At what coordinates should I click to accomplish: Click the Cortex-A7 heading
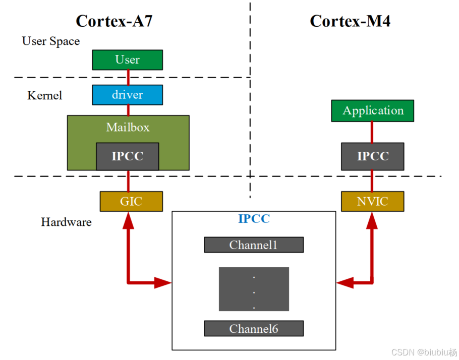tap(114, 21)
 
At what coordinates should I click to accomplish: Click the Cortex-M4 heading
tap(350, 21)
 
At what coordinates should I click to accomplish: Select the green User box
tap(127, 59)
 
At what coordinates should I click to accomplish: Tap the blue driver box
tap(127, 95)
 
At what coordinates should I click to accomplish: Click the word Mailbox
tap(128, 127)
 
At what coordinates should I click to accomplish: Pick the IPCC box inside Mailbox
tap(127, 156)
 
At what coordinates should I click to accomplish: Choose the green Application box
tap(373, 111)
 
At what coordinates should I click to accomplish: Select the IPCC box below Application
tap(373, 156)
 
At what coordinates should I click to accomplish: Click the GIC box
tap(131, 202)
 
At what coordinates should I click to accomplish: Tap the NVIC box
tap(373, 202)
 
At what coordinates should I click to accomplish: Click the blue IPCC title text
tap(254, 219)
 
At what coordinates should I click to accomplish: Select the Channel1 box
tap(254, 245)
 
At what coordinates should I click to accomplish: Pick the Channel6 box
tap(254, 329)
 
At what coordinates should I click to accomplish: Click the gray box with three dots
tap(254, 289)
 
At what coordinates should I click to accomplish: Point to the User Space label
tap(51, 41)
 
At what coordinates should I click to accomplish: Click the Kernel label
tap(45, 95)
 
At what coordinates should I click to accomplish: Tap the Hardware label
tap(66, 222)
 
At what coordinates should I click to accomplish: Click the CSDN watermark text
tap(424, 352)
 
